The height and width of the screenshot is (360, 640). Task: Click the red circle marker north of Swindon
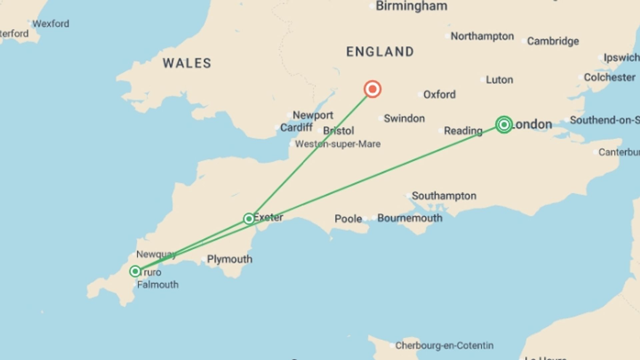(x=372, y=89)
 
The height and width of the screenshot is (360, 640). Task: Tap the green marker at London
(x=504, y=125)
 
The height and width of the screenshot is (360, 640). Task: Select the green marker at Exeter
(x=249, y=219)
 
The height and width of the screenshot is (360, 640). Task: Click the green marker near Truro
(x=135, y=271)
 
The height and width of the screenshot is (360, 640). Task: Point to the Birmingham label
(x=411, y=6)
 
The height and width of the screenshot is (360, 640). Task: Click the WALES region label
(x=187, y=63)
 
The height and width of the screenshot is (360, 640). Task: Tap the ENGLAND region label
(x=380, y=52)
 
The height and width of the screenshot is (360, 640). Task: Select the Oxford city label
(x=439, y=95)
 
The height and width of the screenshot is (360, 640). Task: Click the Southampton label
(x=444, y=196)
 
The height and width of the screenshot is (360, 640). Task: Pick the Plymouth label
(x=229, y=259)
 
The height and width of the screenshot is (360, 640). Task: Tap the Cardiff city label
(x=296, y=128)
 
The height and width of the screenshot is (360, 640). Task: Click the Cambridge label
(x=553, y=41)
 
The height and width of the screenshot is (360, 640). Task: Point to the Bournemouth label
(x=410, y=218)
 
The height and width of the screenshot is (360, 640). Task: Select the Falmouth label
(x=158, y=285)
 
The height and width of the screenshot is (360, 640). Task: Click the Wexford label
(x=51, y=24)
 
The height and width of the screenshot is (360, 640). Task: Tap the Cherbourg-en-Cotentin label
(x=444, y=346)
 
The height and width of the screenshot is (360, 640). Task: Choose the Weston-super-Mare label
(x=337, y=144)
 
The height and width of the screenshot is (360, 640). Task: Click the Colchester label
(x=609, y=78)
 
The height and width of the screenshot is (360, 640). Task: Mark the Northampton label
(x=482, y=36)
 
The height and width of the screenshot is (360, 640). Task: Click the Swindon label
(x=404, y=119)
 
